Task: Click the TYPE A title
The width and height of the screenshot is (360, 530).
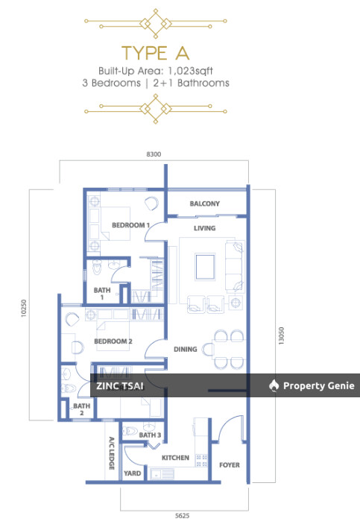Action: pos(156,53)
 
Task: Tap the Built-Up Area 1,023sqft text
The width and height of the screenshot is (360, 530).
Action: pos(156,71)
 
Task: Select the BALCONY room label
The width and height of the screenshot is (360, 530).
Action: pos(205,204)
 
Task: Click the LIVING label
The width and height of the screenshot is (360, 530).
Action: pos(204,228)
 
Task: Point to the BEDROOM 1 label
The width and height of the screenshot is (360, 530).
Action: pos(131,225)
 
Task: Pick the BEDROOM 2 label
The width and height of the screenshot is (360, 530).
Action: pos(113,341)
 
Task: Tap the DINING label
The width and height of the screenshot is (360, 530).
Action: pos(186,349)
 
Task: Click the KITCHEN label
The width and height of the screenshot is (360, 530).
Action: pos(175,458)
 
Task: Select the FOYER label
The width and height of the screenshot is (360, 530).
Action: pos(230,465)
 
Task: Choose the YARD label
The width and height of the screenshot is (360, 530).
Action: pos(132,473)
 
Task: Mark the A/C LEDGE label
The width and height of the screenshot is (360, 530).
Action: pos(112,453)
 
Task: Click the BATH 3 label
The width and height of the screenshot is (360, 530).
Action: pos(150,435)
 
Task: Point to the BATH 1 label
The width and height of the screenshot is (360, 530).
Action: pos(102,294)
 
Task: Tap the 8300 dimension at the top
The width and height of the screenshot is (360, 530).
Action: pos(154,154)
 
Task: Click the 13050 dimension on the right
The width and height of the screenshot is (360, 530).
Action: pos(281,335)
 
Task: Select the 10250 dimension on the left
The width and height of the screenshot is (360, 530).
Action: pos(23,308)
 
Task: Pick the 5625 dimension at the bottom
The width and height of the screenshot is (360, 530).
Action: pos(182,516)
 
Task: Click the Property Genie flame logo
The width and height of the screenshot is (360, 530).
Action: pos(274,385)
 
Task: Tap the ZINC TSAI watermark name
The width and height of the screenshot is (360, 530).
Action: pos(120,385)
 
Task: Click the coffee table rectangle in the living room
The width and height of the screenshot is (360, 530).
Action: pos(205,267)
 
